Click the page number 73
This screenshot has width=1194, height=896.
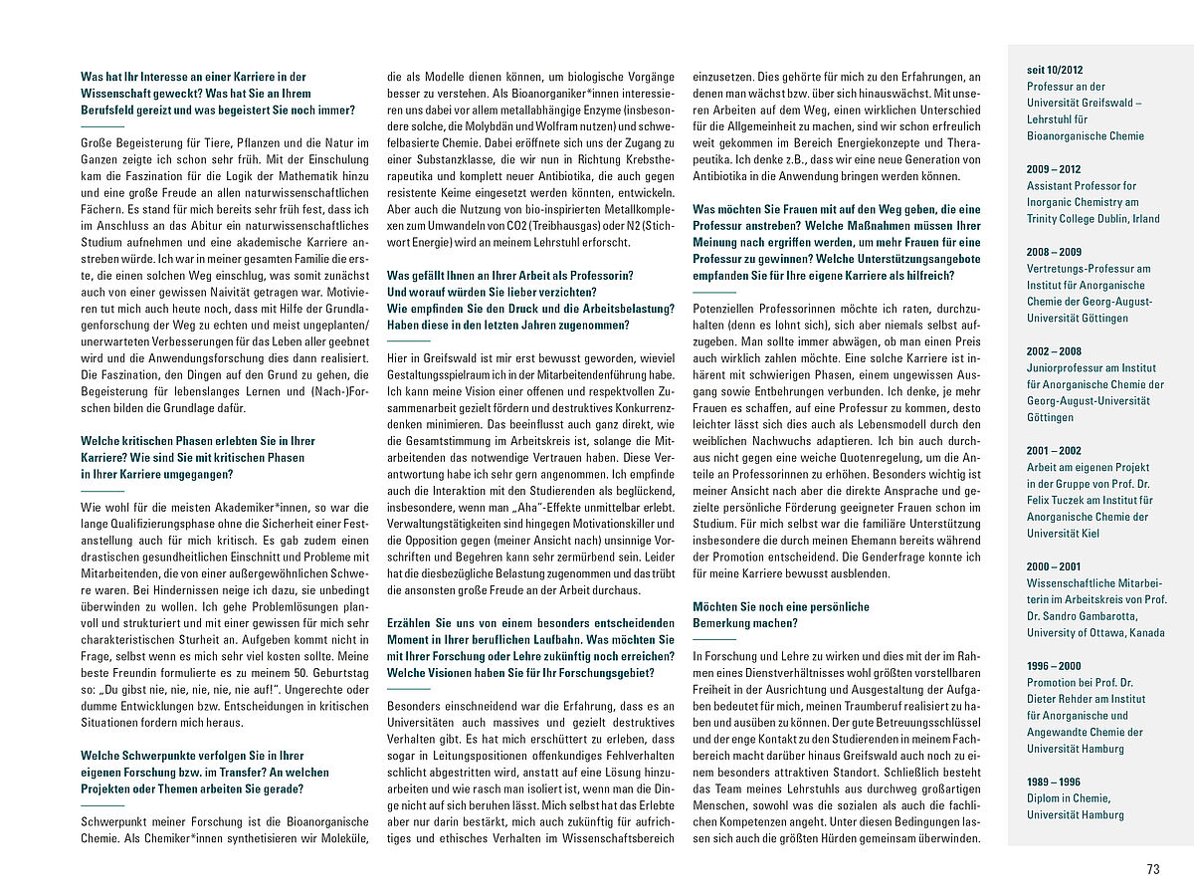[x=1153, y=869]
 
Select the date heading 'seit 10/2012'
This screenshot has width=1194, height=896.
[x=1055, y=70]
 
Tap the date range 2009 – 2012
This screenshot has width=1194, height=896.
[x=1054, y=169]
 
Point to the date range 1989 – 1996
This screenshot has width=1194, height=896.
[x=1054, y=782]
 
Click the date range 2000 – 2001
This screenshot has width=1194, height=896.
[x=1054, y=566]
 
